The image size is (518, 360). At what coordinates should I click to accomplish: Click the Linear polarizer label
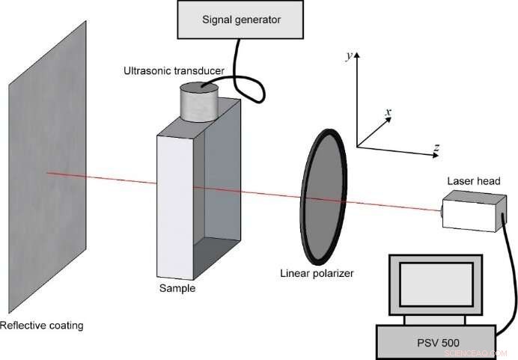[x=316, y=273]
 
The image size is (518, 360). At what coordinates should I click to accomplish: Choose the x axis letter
[x=388, y=112]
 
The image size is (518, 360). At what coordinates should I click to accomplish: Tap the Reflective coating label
[x=42, y=325]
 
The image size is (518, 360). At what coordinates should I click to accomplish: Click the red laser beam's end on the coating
[x=49, y=173]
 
